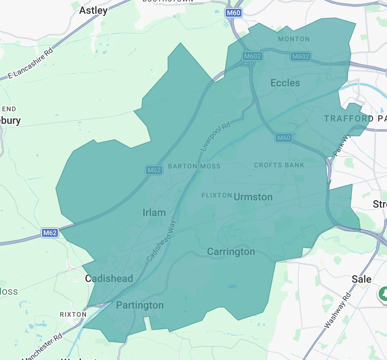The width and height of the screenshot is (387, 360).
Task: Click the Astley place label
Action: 93,10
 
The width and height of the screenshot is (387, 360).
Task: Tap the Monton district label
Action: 294,39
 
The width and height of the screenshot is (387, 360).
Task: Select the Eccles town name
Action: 285,83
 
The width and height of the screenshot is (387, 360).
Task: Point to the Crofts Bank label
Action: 279,165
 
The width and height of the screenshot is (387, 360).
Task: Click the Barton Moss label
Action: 194,166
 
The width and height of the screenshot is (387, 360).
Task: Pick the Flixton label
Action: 217,195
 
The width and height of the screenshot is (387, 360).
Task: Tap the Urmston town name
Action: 253,197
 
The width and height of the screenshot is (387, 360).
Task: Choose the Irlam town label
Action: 154,212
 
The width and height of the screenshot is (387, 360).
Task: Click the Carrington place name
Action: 231,252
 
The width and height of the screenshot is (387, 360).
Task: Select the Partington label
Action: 140,305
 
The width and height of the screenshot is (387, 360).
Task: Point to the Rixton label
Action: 73,314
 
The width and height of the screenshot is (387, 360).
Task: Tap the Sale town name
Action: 361,279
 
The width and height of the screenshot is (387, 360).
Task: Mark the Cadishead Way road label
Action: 161,240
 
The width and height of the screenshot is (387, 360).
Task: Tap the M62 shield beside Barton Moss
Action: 154,170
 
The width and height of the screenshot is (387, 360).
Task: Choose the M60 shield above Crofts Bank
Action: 284,137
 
